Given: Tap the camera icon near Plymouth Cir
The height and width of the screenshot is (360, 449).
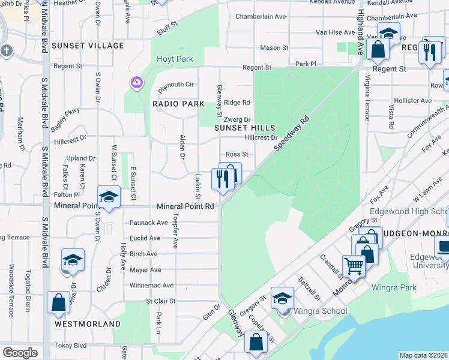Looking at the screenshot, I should point(137,82).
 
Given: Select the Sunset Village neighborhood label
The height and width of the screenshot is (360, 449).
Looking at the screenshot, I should point(88,45).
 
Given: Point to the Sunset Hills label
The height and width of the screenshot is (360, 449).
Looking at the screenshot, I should point(246,128).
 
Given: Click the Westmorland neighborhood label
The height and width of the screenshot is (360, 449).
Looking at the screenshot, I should point(88,323).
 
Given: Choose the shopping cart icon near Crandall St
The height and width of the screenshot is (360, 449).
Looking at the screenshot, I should point(354,265).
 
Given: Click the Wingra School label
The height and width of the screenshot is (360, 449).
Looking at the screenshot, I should point(318,311).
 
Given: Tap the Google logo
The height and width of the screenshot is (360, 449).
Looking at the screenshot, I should point(20,353).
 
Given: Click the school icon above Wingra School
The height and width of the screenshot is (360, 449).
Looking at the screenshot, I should point(282,297).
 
